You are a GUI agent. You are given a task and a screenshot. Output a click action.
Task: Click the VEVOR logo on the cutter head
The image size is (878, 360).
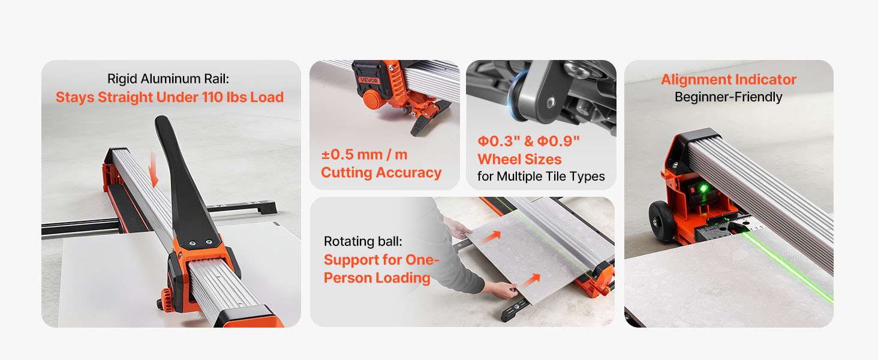click(369, 80)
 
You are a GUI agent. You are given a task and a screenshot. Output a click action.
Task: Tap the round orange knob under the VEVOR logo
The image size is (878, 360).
click(372, 99)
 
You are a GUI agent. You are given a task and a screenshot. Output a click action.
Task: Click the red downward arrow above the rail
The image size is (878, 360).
click(154, 169)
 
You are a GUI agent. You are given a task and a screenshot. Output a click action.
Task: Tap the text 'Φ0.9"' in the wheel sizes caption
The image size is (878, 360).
click(558, 141)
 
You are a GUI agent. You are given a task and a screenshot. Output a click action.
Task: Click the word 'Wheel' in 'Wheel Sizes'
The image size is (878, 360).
click(499, 159)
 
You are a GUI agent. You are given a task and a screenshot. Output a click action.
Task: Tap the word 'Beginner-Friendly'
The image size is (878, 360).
click(728, 97)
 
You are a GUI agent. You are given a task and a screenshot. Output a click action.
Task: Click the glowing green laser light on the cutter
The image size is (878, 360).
click(703, 188)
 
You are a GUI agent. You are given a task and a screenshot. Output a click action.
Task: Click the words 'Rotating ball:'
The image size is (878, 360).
click(363, 241)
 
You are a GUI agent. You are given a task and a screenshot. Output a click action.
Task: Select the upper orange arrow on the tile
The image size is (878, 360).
click(491, 236)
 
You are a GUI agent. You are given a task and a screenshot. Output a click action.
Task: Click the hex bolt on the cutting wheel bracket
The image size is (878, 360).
click(550, 103)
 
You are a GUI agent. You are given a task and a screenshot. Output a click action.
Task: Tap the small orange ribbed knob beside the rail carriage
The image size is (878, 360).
click(167, 300)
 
